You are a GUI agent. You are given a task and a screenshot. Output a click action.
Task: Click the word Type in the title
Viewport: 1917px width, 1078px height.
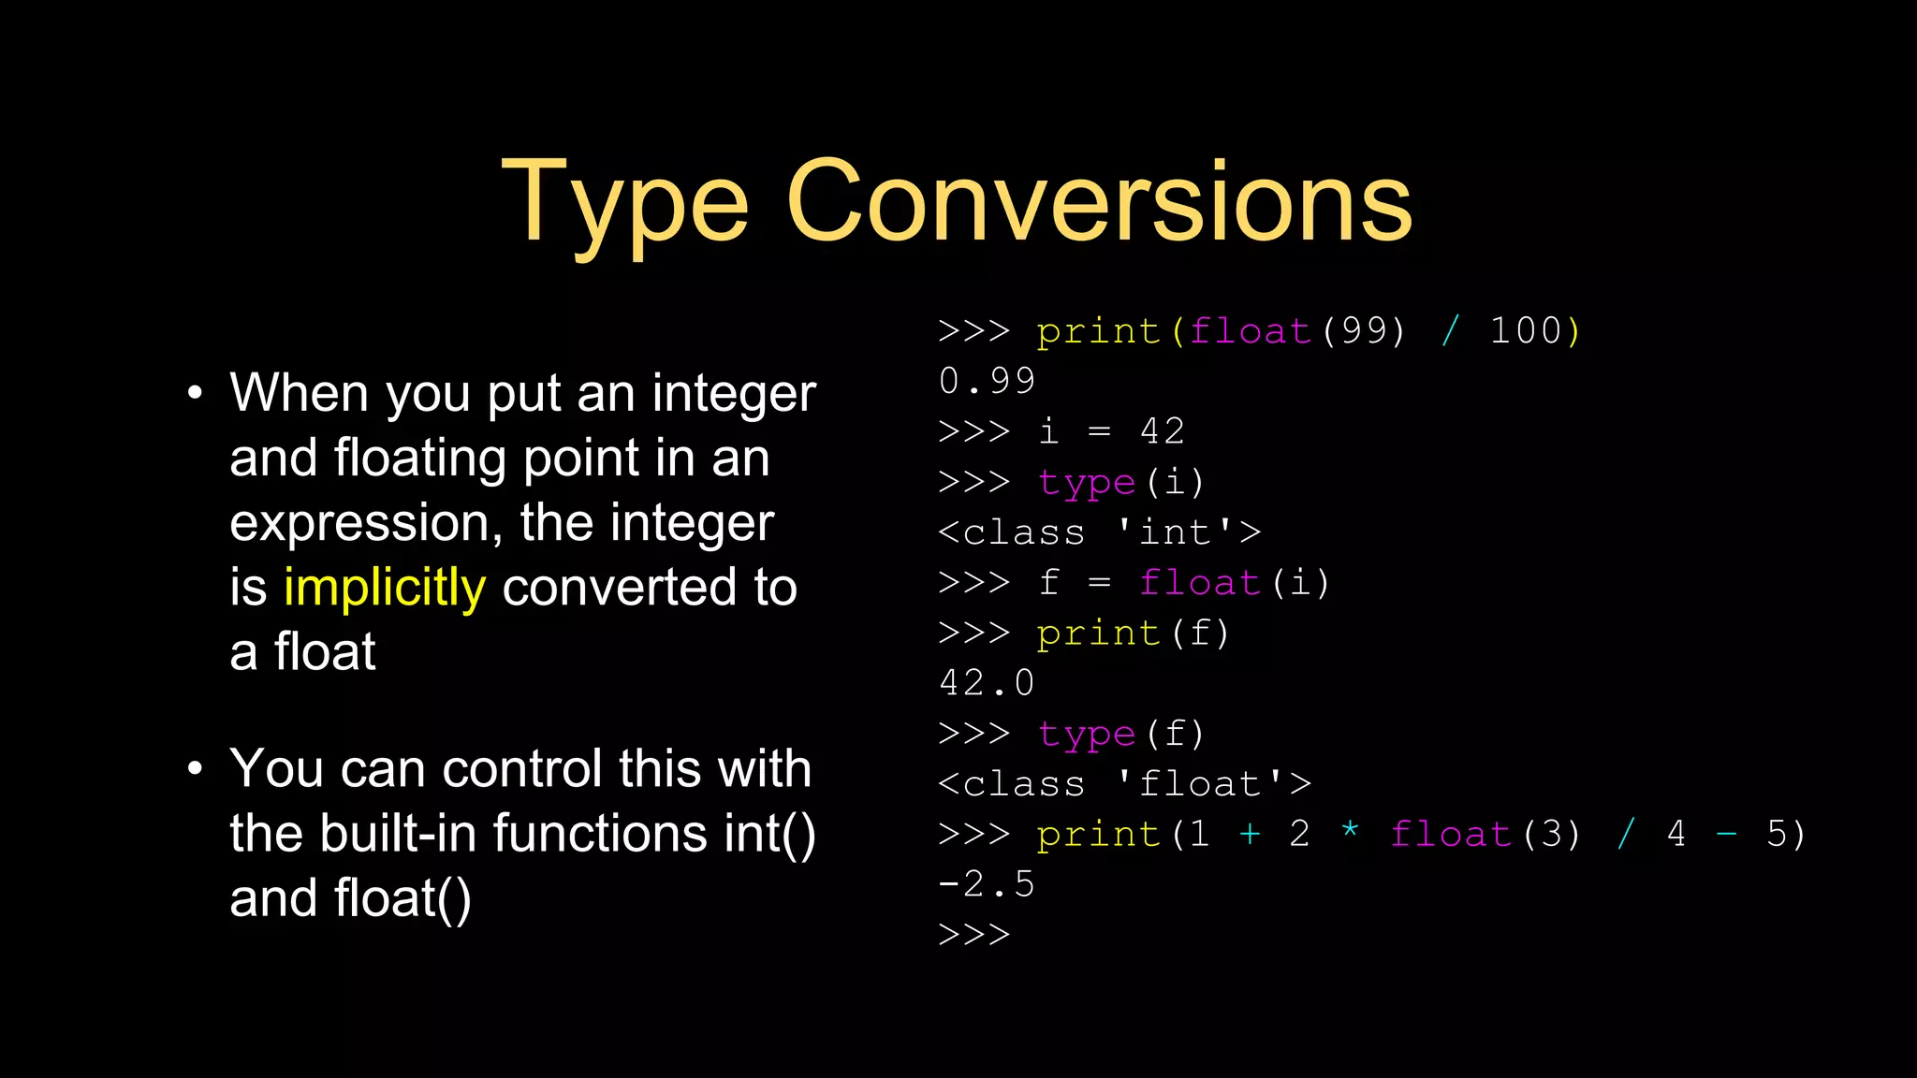(625, 204)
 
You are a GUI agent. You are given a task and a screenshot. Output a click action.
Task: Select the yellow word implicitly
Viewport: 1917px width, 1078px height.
(385, 588)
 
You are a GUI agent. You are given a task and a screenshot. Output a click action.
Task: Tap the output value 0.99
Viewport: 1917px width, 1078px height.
(988, 381)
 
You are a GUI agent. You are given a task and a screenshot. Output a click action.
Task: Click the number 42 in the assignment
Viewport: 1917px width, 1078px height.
(1163, 431)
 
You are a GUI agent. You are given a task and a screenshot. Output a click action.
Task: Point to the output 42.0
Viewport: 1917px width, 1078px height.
(988, 683)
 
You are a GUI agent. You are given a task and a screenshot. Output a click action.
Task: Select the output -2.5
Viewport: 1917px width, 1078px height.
(987, 884)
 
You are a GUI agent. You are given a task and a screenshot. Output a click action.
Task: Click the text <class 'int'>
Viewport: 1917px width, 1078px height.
(1100, 532)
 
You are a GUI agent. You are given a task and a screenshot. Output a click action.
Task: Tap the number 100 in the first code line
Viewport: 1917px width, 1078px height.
(1526, 331)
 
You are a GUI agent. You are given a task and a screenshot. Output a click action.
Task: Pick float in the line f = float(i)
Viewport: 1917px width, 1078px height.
(1200, 583)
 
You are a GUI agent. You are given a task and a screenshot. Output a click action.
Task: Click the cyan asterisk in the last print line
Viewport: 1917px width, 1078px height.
(1350, 831)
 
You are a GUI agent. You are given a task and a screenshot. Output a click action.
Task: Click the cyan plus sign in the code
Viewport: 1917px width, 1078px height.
(1250, 834)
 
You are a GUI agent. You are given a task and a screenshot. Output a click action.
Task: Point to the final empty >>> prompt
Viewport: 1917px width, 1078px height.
(974, 935)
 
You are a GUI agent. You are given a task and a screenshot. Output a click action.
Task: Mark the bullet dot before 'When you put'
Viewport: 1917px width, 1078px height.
(195, 393)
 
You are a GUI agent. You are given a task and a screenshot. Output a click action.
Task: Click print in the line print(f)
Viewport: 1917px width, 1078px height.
(1099, 634)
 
